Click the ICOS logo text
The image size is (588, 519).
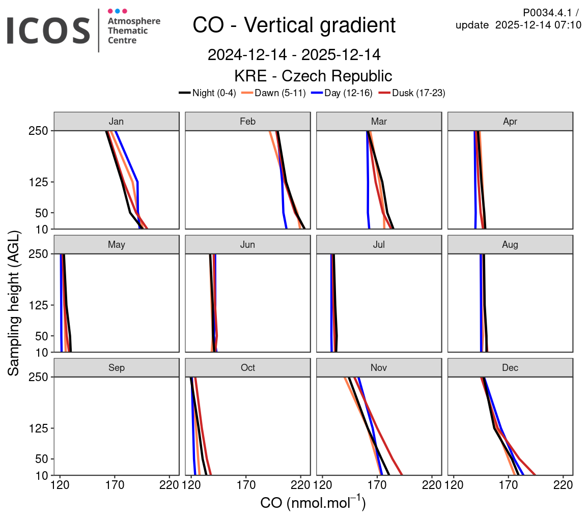[x=48, y=30]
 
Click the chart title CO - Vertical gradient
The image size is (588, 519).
[x=294, y=25]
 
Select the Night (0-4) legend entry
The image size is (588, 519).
[x=208, y=93]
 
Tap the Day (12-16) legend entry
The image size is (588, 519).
[x=342, y=93]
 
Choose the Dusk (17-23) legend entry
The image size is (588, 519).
[x=412, y=93]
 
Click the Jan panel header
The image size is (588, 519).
[x=117, y=122]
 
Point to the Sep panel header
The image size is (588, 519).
[x=117, y=368]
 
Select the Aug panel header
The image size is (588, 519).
[x=510, y=245]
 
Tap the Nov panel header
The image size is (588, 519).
[x=379, y=368]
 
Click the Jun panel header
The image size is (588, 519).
[x=247, y=245]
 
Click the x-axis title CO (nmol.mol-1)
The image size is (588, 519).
[x=313, y=503]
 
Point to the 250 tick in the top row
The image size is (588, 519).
[x=38, y=131]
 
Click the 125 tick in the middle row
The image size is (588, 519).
[x=38, y=305]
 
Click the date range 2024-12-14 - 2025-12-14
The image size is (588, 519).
[x=294, y=54]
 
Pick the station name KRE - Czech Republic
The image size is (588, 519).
[x=313, y=76]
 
